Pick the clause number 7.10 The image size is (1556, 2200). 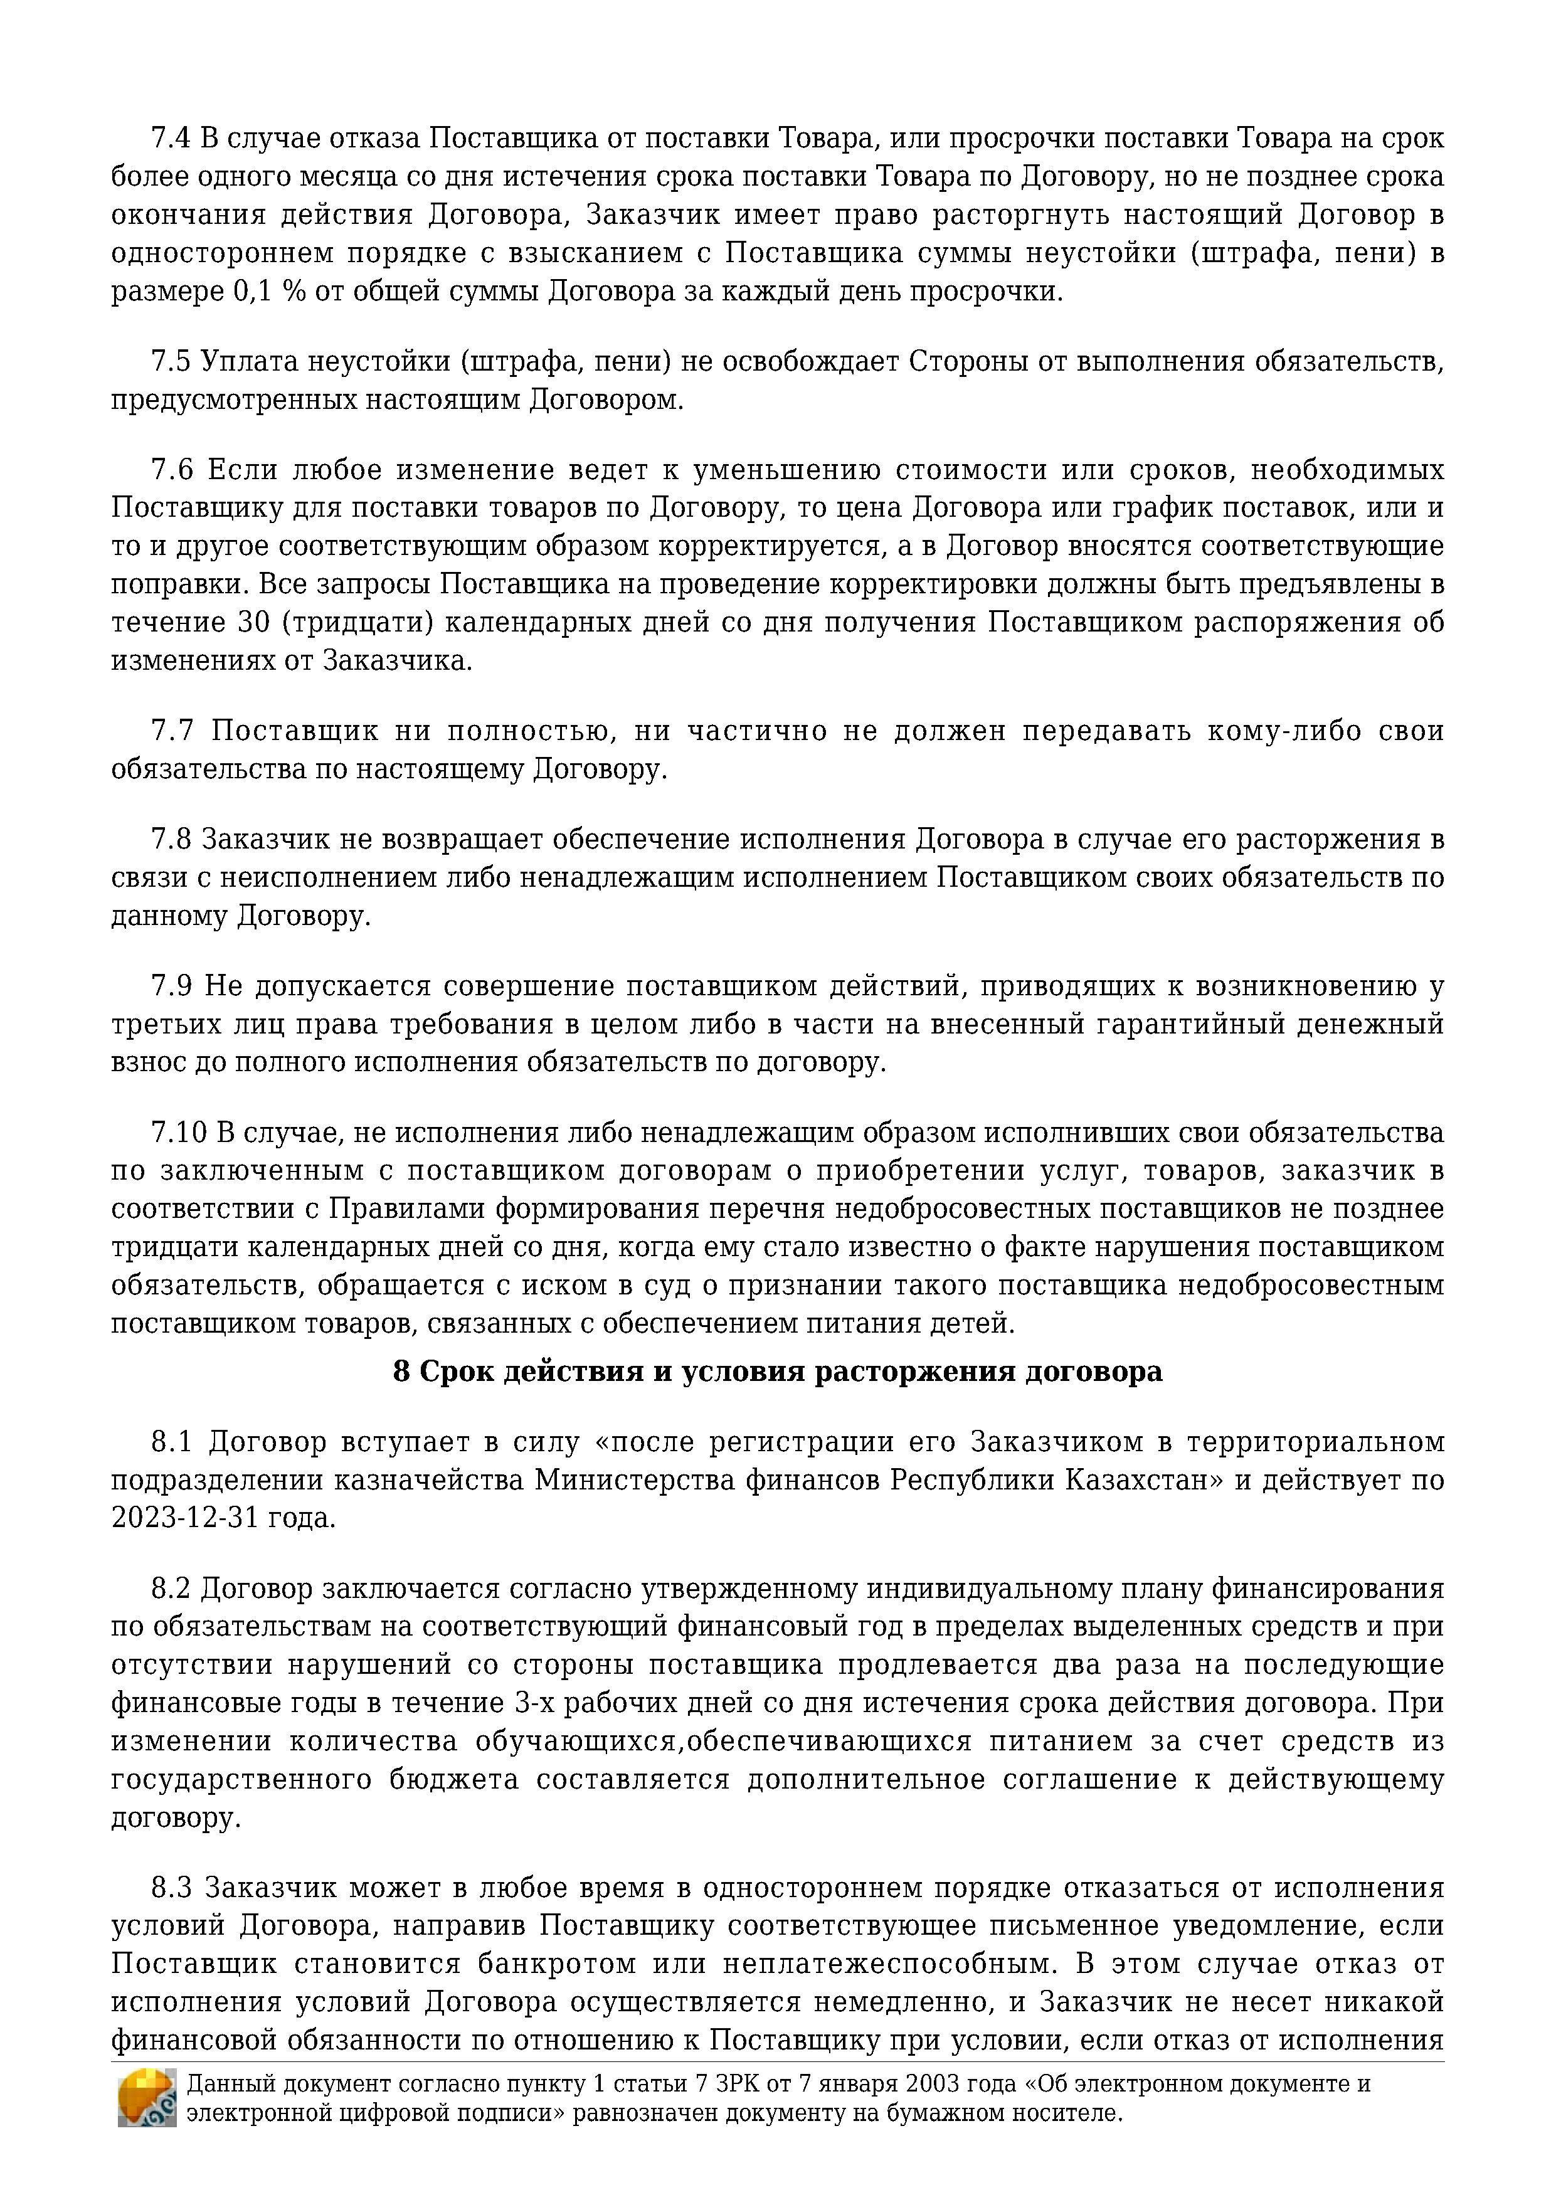[x=179, y=1133]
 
